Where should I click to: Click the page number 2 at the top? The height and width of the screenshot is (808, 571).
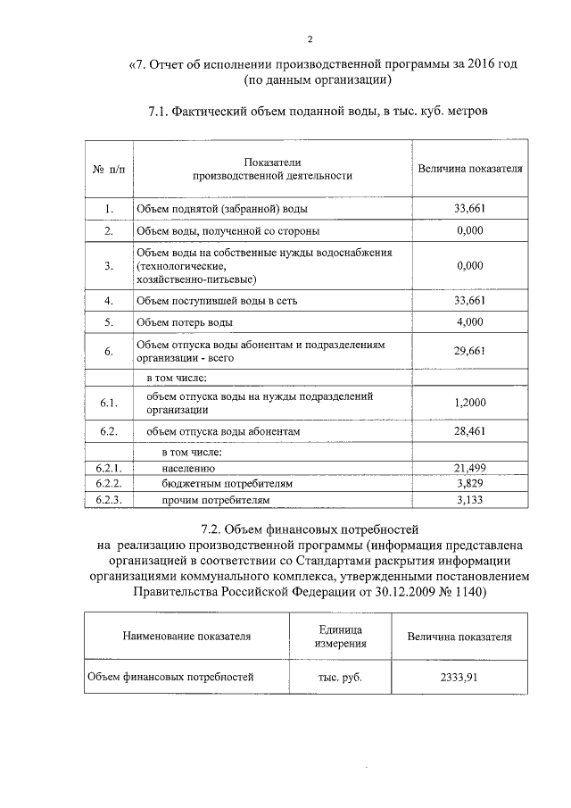coord(310,39)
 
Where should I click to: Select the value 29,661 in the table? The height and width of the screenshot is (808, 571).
coord(469,351)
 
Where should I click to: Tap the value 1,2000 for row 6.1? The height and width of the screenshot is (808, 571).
coord(469,403)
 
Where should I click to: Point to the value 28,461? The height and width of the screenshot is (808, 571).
coord(469,432)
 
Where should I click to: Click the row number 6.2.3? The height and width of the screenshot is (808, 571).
coord(108,500)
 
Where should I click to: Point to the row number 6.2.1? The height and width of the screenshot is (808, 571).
coord(108,467)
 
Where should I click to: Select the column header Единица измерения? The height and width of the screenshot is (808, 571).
coord(341,637)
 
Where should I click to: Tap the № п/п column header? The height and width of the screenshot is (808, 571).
coord(108,169)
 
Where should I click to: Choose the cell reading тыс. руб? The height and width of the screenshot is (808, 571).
coord(340,677)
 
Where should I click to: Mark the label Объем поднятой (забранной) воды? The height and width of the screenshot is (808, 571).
coord(222,210)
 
